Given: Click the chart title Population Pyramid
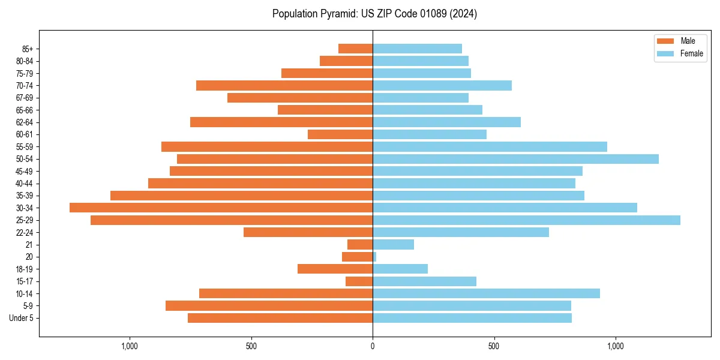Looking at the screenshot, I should (x=374, y=14).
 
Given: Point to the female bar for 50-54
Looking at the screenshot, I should (x=515, y=159).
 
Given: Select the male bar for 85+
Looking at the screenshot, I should (x=355, y=49).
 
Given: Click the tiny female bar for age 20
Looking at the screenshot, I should (x=374, y=257).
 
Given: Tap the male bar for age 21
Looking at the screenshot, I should (x=360, y=245).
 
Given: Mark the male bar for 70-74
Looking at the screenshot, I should (x=284, y=86).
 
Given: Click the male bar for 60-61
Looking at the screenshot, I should (x=340, y=134).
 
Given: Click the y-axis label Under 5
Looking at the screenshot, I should (x=21, y=318).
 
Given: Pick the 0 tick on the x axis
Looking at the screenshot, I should (x=373, y=346).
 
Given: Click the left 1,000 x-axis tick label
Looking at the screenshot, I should (x=130, y=346).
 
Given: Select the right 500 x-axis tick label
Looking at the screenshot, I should (x=494, y=346).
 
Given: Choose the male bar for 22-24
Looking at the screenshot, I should (x=308, y=232).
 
